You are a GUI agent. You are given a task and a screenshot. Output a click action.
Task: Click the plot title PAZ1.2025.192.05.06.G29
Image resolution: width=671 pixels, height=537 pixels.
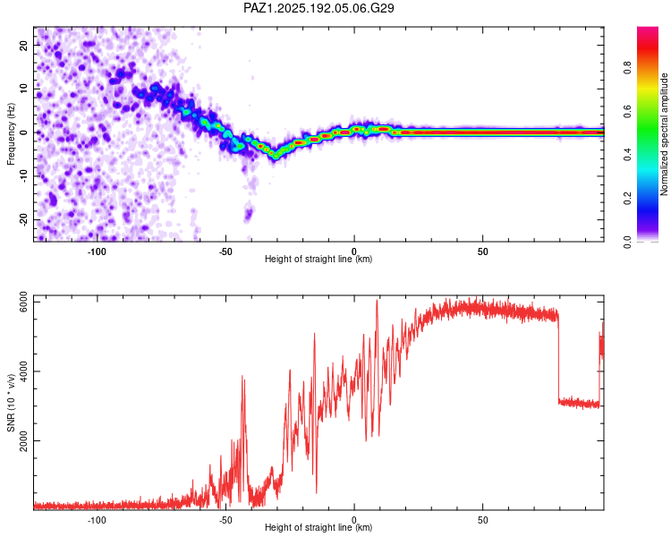(x=319, y=8)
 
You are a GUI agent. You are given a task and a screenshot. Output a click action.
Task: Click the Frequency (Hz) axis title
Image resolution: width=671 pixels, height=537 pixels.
(x=11, y=134)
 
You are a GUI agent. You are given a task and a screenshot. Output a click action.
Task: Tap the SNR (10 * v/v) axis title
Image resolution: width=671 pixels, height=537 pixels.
(x=11, y=403)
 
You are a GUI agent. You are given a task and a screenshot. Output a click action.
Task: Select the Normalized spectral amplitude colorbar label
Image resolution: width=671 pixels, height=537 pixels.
(x=664, y=134)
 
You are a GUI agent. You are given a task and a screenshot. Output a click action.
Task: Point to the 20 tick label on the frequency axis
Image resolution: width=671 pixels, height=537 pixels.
(x=23, y=45)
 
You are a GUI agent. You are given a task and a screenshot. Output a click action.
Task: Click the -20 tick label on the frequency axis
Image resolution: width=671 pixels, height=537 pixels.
(x=23, y=220)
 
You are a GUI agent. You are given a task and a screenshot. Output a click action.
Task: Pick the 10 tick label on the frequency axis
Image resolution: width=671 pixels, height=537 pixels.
(x=23, y=89)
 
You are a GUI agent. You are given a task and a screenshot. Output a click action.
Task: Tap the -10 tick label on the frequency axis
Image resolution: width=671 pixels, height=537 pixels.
(x=23, y=176)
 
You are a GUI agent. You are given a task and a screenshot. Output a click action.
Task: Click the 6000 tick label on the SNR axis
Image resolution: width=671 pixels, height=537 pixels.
(x=23, y=302)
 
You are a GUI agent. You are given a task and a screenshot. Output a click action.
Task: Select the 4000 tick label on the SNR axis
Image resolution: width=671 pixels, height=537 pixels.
(x=23, y=371)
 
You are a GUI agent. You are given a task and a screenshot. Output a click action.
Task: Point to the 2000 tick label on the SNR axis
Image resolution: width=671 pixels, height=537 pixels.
(x=23, y=440)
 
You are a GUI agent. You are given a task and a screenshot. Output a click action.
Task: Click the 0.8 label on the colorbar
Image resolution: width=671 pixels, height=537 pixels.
(x=627, y=68)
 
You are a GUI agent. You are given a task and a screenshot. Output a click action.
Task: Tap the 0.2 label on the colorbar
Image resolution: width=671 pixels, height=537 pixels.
(x=627, y=199)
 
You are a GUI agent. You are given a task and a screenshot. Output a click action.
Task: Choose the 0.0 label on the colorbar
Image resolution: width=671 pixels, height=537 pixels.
(x=627, y=242)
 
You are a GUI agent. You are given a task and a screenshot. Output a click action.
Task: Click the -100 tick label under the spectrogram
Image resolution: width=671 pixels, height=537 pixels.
(x=97, y=251)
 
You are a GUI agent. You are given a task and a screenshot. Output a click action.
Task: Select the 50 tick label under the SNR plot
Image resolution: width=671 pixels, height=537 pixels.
(x=483, y=520)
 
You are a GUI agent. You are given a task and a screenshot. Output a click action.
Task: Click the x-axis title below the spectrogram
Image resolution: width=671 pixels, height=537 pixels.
(x=319, y=259)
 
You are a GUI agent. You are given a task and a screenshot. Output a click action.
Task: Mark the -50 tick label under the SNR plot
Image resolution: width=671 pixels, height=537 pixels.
(x=225, y=520)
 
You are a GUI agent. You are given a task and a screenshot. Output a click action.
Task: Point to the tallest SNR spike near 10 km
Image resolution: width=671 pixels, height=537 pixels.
(x=377, y=301)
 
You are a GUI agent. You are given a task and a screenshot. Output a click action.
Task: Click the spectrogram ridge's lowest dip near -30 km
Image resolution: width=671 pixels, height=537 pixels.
(x=276, y=157)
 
